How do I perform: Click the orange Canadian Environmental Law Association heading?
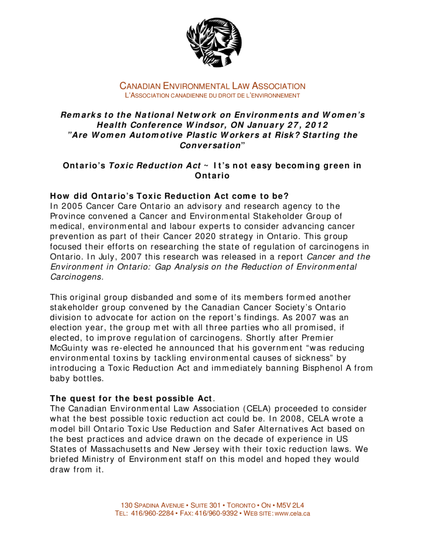click(212, 86)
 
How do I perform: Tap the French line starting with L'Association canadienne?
click(212, 95)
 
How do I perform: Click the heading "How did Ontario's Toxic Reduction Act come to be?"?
click(169, 196)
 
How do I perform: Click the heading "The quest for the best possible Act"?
click(131, 399)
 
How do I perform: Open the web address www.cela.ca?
click(293, 513)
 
